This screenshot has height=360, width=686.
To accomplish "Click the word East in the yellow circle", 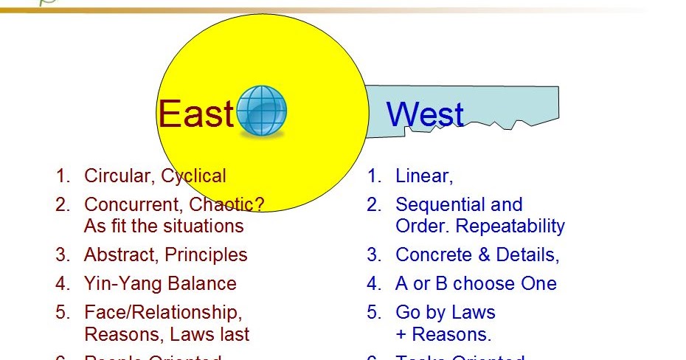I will click(x=195, y=114).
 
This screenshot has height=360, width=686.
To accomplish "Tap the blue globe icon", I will click(x=262, y=111).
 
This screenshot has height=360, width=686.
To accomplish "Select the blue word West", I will click(x=425, y=115).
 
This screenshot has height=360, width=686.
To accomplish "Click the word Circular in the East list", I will click(x=118, y=176).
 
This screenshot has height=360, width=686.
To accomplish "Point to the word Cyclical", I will click(x=194, y=176).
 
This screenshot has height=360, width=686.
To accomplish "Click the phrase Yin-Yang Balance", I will click(x=160, y=283).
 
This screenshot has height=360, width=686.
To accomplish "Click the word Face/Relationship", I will click(x=163, y=312).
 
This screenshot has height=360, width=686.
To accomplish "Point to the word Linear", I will click(x=423, y=176).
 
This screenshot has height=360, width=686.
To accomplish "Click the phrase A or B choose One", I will click(x=476, y=283).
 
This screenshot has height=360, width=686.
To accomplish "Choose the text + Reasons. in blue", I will click(x=443, y=334).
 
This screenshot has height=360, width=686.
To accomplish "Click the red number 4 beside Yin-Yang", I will click(x=62, y=283).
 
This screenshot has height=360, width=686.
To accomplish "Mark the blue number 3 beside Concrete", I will click(x=374, y=255).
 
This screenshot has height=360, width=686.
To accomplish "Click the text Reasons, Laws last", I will click(x=167, y=334).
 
